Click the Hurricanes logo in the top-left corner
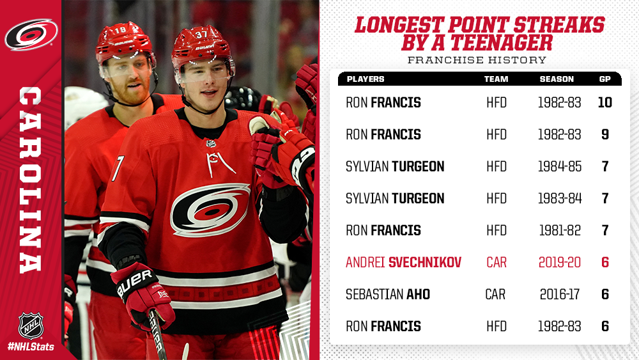pos(31,35)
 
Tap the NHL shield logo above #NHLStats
pos(31,325)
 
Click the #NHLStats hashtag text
pos(31,347)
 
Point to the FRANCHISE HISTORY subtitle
pos(477,60)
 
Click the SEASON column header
pos(557,79)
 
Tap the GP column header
pos(604,79)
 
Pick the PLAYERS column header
pos(366,79)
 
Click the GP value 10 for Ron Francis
pos(604,102)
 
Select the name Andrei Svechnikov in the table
pos(403,262)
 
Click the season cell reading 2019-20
pos(560,262)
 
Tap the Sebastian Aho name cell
pos(388,294)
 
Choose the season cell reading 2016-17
pos(560,294)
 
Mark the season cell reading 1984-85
pos(560,166)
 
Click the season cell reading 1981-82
pos(560,230)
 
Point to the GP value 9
pos(605,134)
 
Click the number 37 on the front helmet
pos(201,35)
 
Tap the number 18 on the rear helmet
pos(120,30)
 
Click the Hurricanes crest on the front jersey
pos(210,210)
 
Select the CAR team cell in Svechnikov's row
pos(497,262)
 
